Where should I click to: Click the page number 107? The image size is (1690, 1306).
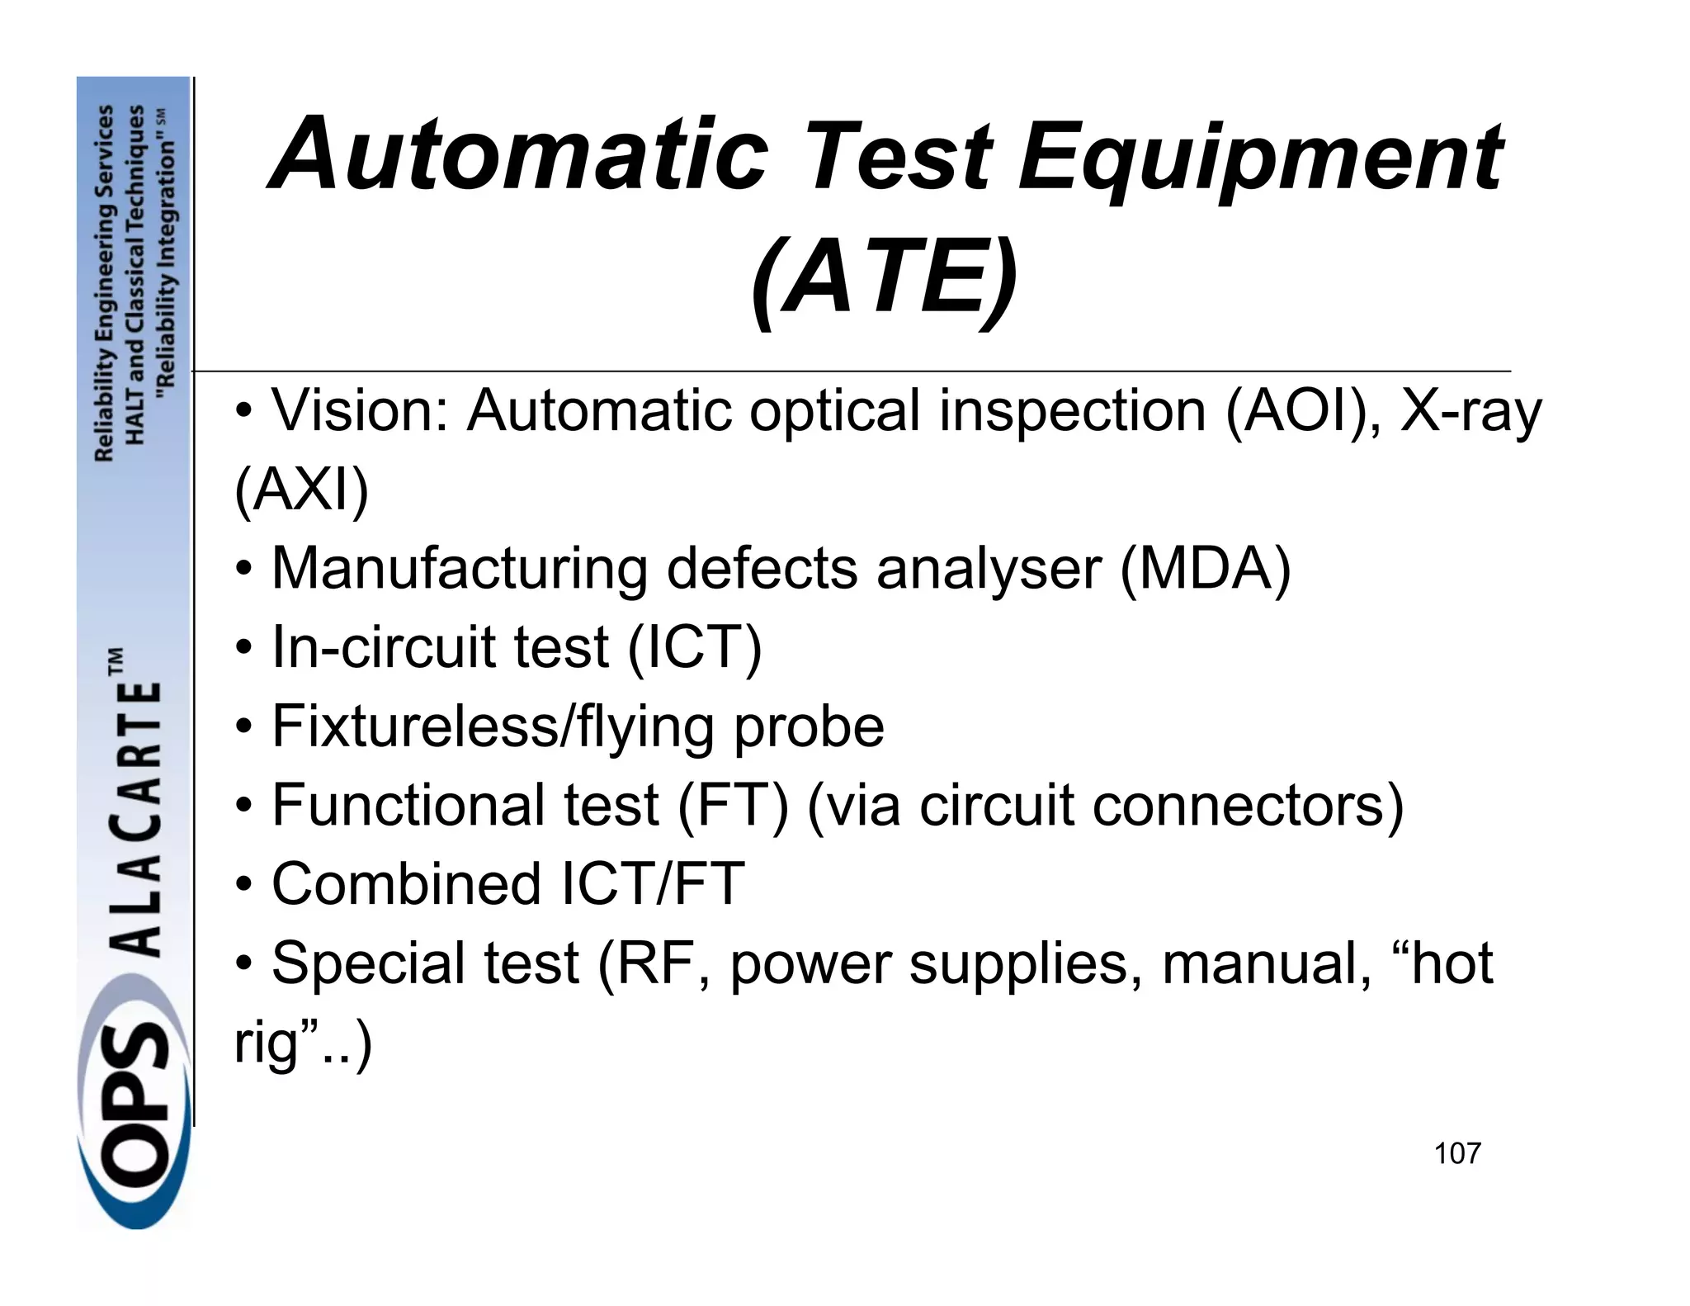[1457, 1153]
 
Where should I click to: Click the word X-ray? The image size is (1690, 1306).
[1470, 413]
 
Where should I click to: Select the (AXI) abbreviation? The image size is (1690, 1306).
[301, 490]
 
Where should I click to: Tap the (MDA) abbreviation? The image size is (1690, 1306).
[1205, 569]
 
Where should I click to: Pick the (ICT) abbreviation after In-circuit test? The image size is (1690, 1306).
[694, 648]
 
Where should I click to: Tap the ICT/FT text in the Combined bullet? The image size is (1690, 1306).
[652, 884]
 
